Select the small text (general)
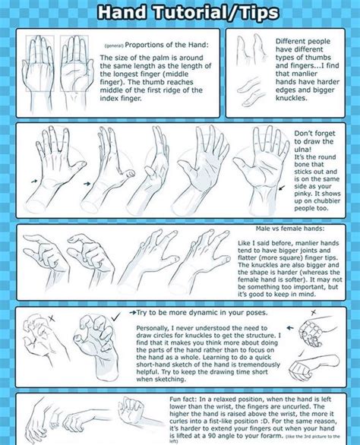[x=114, y=46]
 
